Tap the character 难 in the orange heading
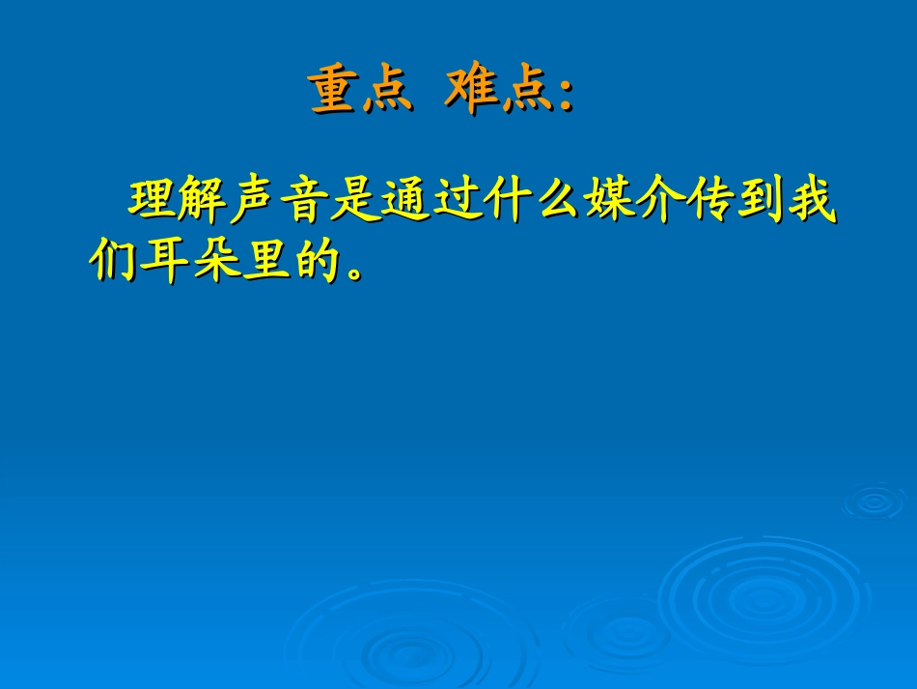click(471, 92)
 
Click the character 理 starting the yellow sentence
click(153, 200)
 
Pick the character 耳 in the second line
click(163, 261)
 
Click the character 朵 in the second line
click(214, 261)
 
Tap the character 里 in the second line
click(264, 261)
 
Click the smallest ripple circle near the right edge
click(874, 502)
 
